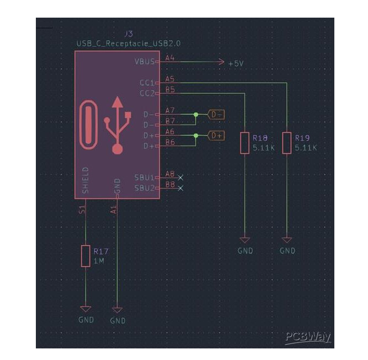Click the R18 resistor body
pos(245,143)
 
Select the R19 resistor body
pos(287,143)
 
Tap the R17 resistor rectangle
pos(86,256)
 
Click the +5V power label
pos(236,63)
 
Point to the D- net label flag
pos(216,115)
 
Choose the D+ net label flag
pos(216,136)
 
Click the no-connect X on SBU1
pos(180,178)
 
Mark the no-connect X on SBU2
pos(180,188)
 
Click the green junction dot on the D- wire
pos(196,115)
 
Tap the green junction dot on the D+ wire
pos(196,136)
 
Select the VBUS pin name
pos(145,62)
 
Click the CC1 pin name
pos(147,83)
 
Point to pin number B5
pos(170,89)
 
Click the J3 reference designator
pos(129,34)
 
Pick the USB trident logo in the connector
pos(118,125)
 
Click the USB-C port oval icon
pos(88,125)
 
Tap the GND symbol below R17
pos(86,315)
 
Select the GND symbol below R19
pos(287,246)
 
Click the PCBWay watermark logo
pos(308,338)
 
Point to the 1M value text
pos(99,261)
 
